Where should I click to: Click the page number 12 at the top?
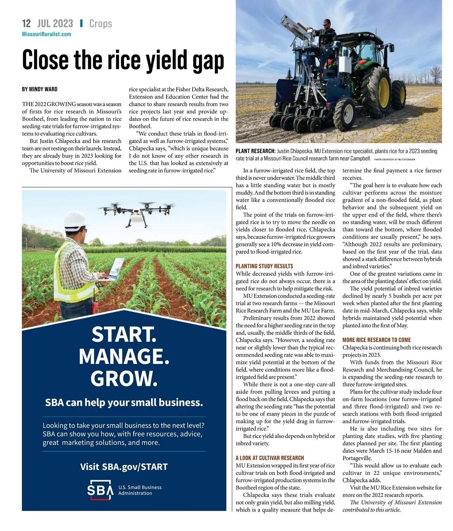[x=26, y=23]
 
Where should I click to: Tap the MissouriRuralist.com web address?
[x=46, y=34]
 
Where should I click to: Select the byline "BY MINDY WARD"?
[x=40, y=89]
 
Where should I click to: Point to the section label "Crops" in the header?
[x=100, y=23]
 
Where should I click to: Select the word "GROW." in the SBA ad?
[x=124, y=378]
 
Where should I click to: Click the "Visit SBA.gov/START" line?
[x=124, y=467]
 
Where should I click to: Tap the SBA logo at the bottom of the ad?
[x=100, y=490]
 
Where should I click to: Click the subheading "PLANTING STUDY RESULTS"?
[x=264, y=266]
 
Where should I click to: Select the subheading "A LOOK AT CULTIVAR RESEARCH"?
[x=270, y=458]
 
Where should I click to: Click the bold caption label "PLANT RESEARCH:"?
[x=256, y=151]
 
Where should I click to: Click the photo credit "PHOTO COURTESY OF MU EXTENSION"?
[x=394, y=159]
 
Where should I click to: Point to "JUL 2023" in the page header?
[x=55, y=23]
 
